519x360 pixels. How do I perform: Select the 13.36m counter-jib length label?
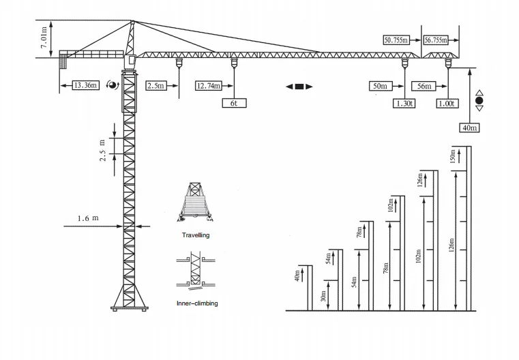point(85,85)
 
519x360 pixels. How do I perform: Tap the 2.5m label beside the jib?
point(155,86)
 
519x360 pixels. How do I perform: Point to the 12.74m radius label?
point(209,86)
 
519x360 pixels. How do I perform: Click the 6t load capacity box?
point(234,104)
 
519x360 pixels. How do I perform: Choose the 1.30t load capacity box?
point(403,104)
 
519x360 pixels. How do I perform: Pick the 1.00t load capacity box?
point(447,104)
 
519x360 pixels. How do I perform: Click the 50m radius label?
point(379,86)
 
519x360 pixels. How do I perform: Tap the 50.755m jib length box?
point(396,40)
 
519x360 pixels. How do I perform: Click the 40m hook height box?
point(470,127)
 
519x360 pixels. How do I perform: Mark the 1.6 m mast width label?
point(88,218)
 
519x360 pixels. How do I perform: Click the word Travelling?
point(196,235)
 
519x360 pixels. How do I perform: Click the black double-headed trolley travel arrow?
point(299,87)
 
